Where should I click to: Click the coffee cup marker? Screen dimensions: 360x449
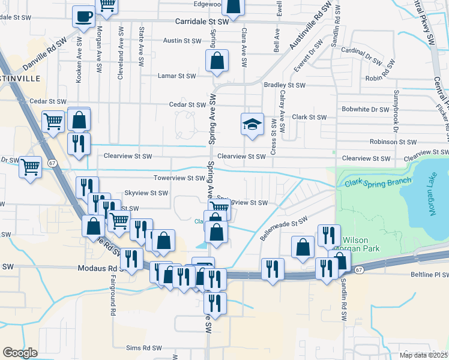83,16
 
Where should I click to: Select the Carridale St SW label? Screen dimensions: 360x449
202,22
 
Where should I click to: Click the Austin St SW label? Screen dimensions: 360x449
182,41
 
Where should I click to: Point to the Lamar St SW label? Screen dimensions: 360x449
176,76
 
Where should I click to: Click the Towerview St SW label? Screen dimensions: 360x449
179,178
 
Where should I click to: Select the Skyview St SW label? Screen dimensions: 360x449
145,193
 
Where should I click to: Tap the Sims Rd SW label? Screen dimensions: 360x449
144,348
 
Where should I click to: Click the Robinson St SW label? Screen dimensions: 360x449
393,142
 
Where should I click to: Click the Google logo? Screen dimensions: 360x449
20,353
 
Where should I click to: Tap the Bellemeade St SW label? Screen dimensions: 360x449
283,228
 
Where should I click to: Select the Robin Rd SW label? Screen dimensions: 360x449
382,78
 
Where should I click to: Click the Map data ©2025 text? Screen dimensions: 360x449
422,355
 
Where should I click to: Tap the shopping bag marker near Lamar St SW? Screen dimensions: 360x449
217,61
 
